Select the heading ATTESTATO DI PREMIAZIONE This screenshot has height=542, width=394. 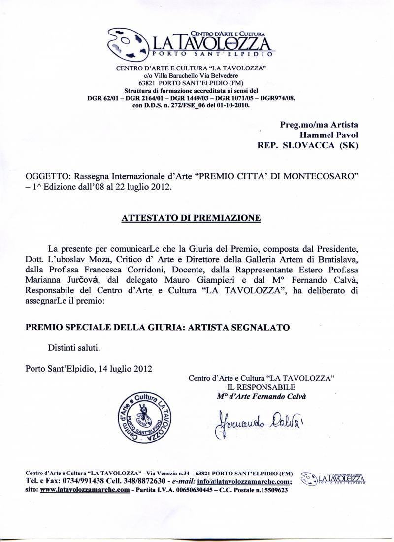191,218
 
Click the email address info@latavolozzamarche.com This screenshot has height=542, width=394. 244,481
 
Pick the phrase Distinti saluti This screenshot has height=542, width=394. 74,348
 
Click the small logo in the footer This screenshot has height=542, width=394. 333,478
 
